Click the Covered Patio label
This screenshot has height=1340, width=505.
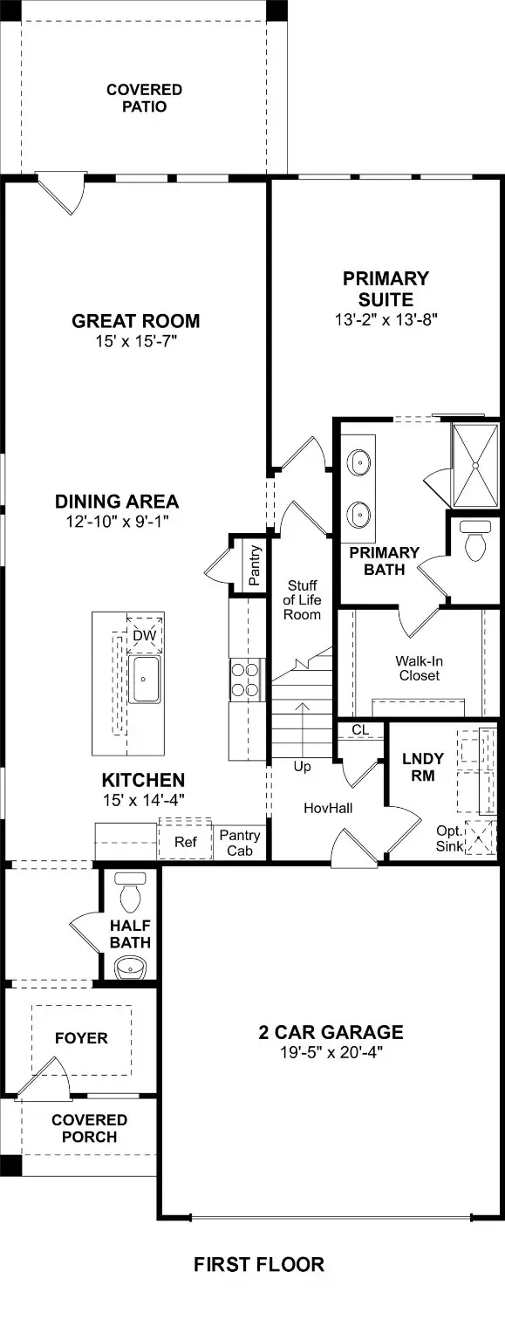tap(144, 98)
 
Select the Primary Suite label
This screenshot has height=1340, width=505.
tap(386, 288)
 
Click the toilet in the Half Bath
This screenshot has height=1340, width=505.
tap(131, 892)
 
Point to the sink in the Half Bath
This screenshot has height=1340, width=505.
tap(131, 966)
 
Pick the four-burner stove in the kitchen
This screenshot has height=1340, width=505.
tap(246, 679)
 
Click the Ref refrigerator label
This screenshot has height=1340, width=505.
tap(185, 842)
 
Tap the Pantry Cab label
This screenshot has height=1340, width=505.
tap(240, 843)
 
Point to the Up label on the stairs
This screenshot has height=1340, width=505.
tap(302, 767)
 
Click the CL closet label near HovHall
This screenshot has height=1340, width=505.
tap(360, 729)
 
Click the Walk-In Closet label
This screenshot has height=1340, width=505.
tap(417, 668)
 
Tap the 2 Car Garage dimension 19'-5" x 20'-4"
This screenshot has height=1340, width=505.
tap(331, 1053)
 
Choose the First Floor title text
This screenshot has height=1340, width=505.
tap(258, 1264)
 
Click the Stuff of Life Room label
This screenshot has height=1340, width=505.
tap(301, 600)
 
